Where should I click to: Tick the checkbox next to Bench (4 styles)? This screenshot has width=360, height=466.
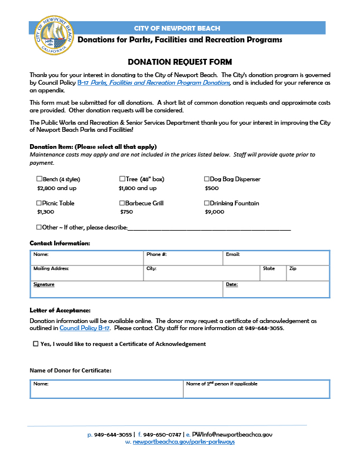pyautogui.click(x=39, y=179)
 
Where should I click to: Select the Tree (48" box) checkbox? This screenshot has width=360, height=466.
pyautogui.click(x=122, y=179)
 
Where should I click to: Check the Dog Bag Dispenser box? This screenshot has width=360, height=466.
pyautogui.click(x=207, y=179)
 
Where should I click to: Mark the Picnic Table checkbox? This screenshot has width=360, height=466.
pyautogui.click(x=39, y=203)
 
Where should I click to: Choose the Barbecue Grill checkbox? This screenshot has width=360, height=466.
pyautogui.click(x=122, y=203)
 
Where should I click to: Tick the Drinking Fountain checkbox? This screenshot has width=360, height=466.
pyautogui.click(x=207, y=203)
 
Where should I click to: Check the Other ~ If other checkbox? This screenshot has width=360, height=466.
pyautogui.click(x=39, y=227)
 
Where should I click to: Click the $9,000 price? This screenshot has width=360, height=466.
pyautogui.click(x=214, y=212)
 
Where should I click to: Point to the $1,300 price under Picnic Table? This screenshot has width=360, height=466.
pyautogui.click(x=46, y=212)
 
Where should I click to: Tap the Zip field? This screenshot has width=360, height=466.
pyautogui.click(x=308, y=274)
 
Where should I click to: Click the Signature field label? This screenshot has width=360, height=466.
pyautogui.click(x=44, y=284)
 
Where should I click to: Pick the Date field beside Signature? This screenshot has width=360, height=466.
pyautogui.click(x=276, y=289)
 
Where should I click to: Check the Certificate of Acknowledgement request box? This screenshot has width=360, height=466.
pyautogui.click(x=36, y=344)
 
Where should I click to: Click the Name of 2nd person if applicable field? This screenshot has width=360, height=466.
pyautogui.click(x=256, y=390)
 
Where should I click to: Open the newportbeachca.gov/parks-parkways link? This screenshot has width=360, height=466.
pyautogui.click(x=184, y=441)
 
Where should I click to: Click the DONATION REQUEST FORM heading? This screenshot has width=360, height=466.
pyautogui.click(x=180, y=62)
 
